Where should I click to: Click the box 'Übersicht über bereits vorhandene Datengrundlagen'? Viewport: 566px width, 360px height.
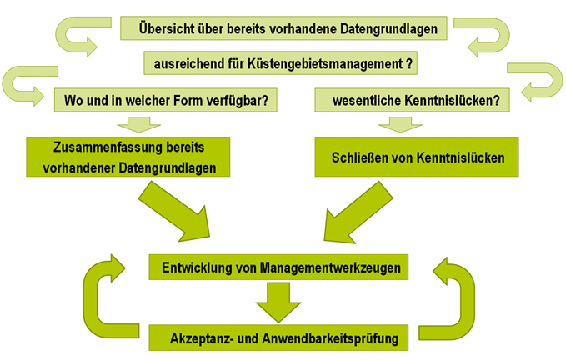click(283, 28)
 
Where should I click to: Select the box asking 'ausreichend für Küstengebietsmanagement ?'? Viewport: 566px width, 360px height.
click(280, 63)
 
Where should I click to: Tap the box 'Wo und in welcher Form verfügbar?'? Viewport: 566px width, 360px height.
click(166, 100)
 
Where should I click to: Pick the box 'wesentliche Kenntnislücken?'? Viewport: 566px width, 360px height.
click(413, 100)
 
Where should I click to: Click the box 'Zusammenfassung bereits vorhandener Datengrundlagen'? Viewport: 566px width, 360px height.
click(128, 157)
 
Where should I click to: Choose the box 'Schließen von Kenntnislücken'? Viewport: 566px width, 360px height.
click(417, 157)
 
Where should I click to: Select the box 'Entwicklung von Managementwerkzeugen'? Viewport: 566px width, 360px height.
click(278, 267)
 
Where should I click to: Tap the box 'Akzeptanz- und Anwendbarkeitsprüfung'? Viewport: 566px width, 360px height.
click(278, 337)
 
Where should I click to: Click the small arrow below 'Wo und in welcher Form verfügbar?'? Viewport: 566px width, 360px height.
click(139, 124)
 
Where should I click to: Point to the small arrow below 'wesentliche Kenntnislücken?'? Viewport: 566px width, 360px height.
click(400, 124)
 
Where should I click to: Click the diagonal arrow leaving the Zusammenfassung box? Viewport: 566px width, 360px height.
click(174, 211)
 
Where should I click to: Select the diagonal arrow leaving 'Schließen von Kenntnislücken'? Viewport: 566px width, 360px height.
click(358, 212)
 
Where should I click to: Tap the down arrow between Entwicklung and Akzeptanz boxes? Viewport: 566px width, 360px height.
click(278, 302)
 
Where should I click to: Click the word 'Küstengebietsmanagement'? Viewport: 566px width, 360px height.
click(325, 64)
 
